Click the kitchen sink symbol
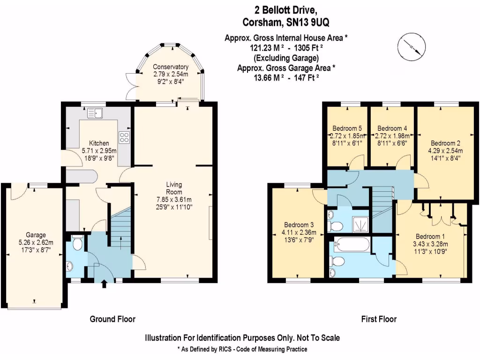point(95,113)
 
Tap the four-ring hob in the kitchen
point(124,137)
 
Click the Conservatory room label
point(171,67)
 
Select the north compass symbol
point(412,47)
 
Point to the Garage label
point(36,235)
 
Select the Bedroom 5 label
point(347,128)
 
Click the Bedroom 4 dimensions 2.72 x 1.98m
point(392,135)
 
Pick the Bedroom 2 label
point(445,143)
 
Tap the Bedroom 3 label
point(299,225)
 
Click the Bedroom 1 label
point(430,236)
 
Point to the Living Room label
point(174,188)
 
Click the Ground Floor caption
point(112,319)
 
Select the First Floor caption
point(379,319)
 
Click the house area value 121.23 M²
point(264,48)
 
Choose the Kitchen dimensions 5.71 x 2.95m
point(99,150)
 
